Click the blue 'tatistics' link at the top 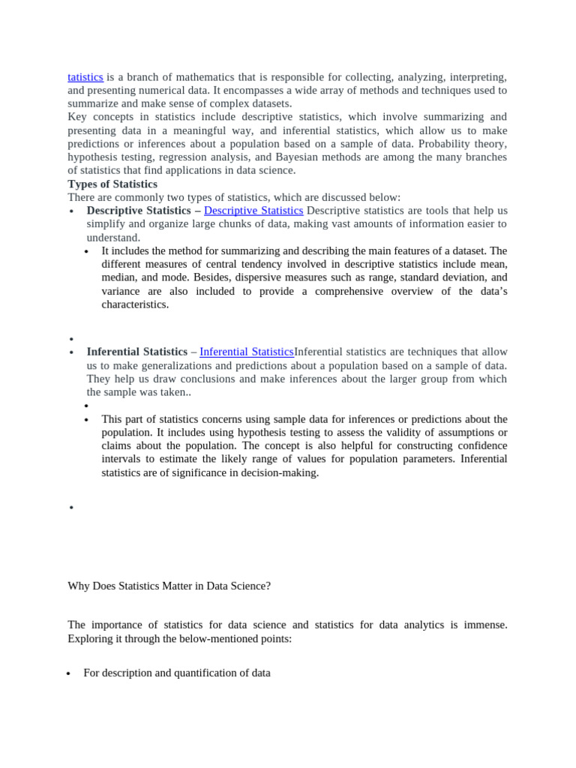[x=85, y=76]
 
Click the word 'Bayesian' [x=296, y=157]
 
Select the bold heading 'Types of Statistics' [x=112, y=184]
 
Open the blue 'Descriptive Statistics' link [x=253, y=211]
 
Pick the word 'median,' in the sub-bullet [x=120, y=277]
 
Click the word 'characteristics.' [x=135, y=304]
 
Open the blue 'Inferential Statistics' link [x=247, y=352]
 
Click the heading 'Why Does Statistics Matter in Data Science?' [x=169, y=586]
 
